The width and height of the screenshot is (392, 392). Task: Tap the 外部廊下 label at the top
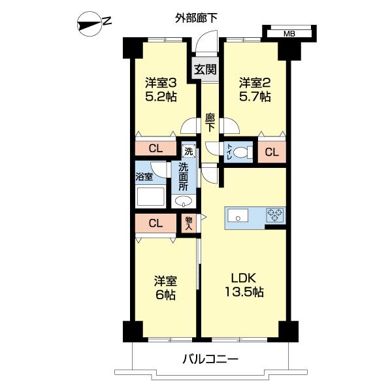click(196, 18)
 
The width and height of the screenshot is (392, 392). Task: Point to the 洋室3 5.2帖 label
click(161, 90)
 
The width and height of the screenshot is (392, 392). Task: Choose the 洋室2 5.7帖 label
click(254, 90)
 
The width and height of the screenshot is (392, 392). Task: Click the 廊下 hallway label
click(210, 123)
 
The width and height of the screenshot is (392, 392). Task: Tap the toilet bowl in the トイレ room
click(243, 153)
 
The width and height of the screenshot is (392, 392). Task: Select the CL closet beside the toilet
click(272, 153)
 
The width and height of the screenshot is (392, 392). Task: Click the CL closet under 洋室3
click(155, 148)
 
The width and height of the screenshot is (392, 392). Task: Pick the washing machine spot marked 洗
click(188, 151)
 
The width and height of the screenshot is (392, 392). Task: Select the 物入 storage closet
click(189, 223)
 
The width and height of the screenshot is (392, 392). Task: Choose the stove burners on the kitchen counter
click(274, 214)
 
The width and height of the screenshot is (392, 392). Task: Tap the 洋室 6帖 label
click(165, 287)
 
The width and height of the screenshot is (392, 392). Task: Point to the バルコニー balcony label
click(209, 359)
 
